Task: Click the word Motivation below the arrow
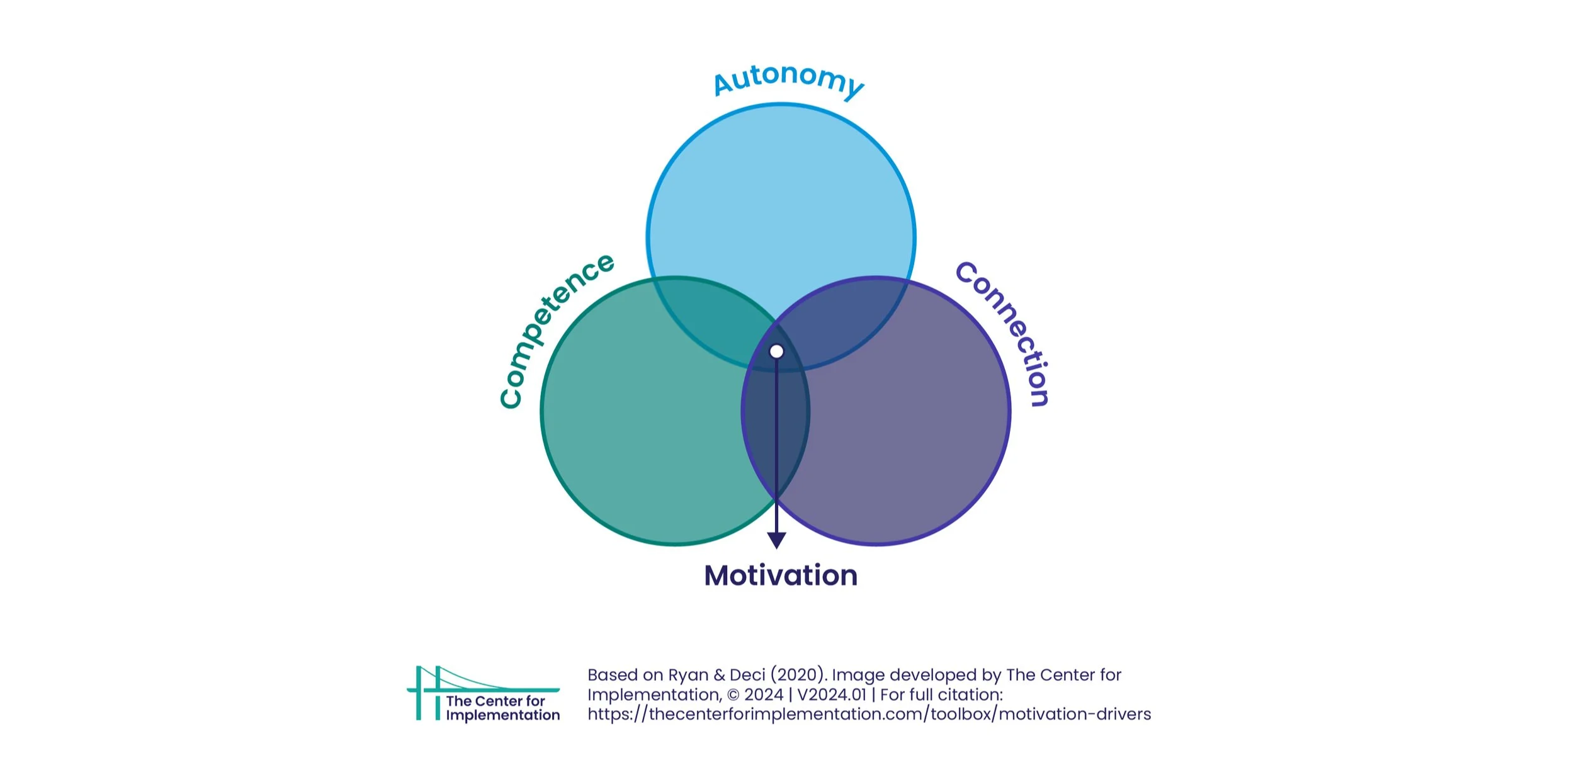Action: pyautogui.click(x=781, y=576)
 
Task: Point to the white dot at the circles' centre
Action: pyautogui.click(x=777, y=351)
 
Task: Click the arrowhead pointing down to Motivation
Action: pyautogui.click(x=776, y=540)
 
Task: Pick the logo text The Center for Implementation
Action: pyautogui.click(x=502, y=708)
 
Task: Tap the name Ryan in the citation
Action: pyautogui.click(x=688, y=676)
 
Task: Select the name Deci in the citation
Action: pyautogui.click(x=747, y=675)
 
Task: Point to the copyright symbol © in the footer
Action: pyautogui.click(x=733, y=695)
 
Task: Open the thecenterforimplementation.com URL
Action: pyautogui.click(x=869, y=714)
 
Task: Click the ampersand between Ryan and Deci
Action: pyautogui.click(x=720, y=675)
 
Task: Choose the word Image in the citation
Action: pyautogui.click(x=854, y=676)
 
